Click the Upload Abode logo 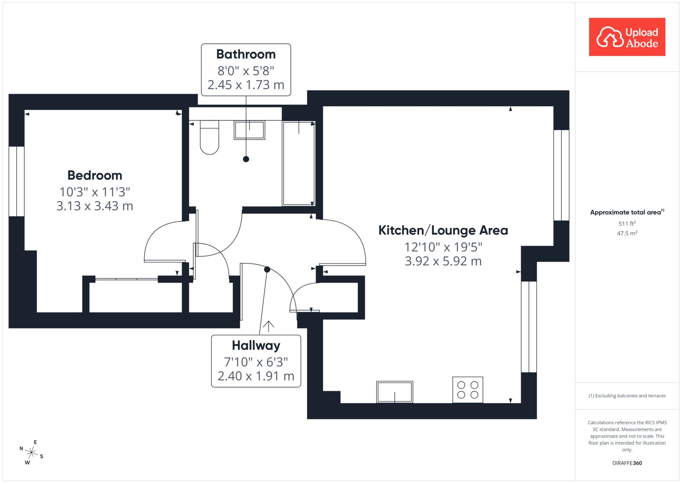627,37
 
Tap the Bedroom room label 95,175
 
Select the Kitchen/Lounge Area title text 443,230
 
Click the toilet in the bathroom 209,137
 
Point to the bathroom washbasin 249,130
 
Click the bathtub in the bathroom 299,163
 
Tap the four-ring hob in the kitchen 468,390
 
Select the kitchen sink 395,392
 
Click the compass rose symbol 31,453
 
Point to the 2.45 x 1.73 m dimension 246,85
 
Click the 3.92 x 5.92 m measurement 443,261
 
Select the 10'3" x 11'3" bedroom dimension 95,192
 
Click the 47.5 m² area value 627,233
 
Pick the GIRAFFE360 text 627,463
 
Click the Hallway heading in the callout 256,346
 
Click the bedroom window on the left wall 16,181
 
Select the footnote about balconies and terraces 627,396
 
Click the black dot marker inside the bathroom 246,159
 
